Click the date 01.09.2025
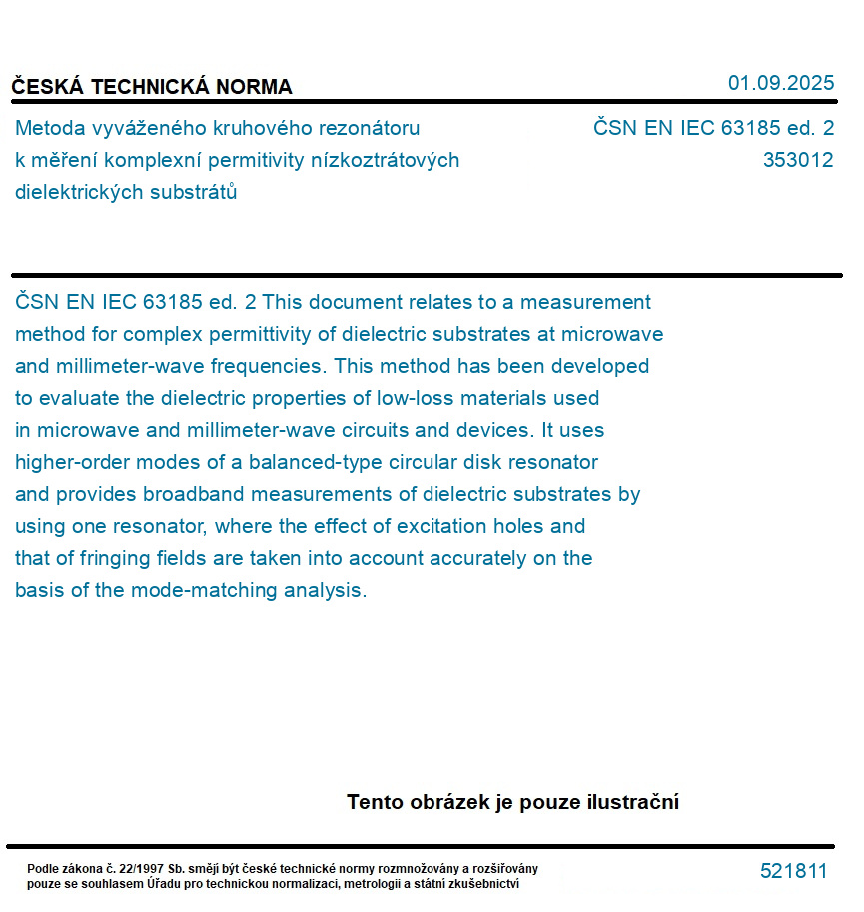click(780, 83)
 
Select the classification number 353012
click(797, 160)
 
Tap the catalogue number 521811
click(793, 871)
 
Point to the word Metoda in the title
click(49, 128)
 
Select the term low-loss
click(417, 398)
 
